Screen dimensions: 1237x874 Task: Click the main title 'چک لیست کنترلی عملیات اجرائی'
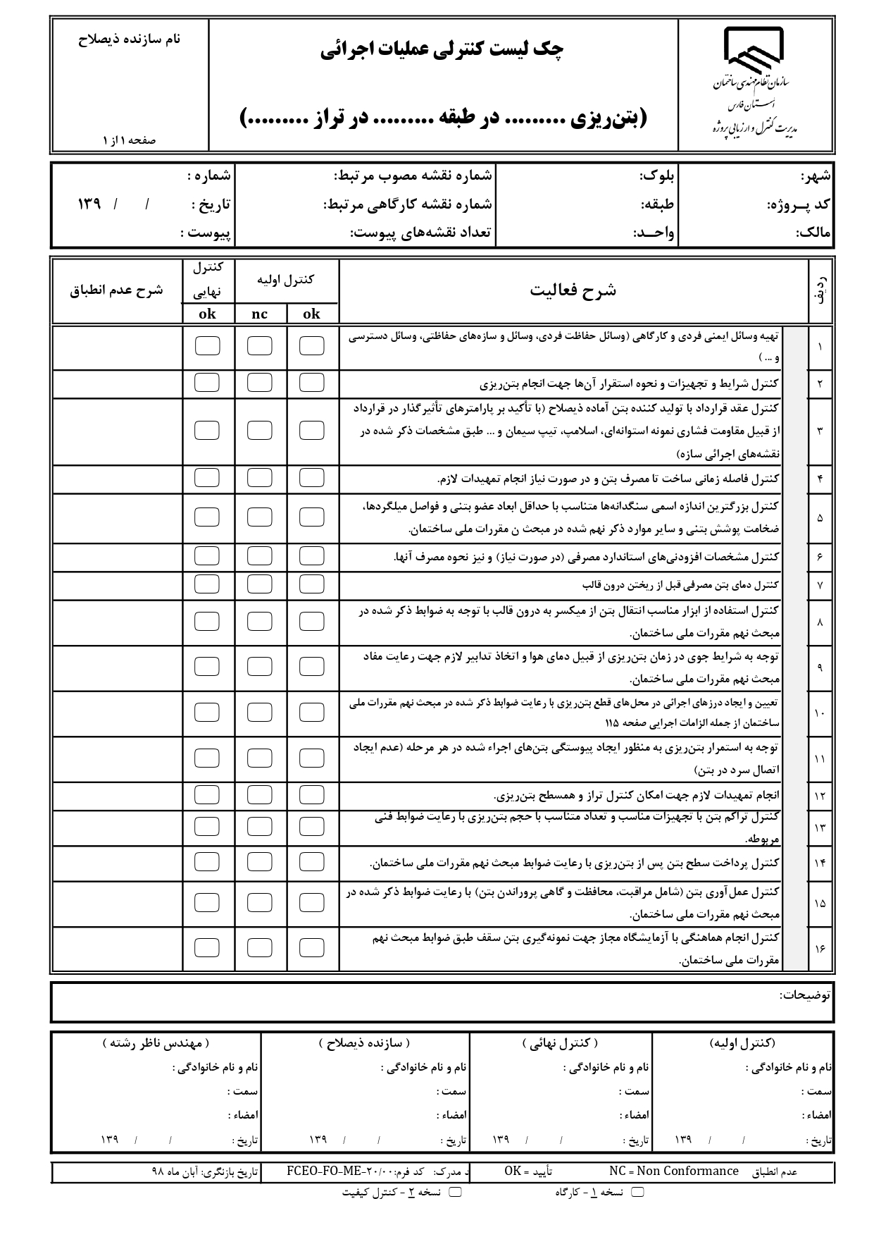tap(442, 49)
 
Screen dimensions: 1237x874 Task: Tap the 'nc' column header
tap(260, 314)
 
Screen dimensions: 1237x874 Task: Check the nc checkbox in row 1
tap(260, 346)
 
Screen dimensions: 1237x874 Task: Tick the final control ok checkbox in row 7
tap(207, 584)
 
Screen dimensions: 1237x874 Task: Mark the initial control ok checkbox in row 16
tap(312, 947)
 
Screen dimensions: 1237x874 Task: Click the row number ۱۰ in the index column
tap(820, 713)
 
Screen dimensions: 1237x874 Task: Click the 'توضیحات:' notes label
tap(805, 995)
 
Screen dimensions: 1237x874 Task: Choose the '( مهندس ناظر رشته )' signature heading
tap(156, 1042)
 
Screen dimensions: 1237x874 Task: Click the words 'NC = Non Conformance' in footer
tap(674, 1171)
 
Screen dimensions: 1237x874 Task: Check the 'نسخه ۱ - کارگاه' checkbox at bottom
tap(638, 1192)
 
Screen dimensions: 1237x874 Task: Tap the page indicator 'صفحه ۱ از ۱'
tap(129, 140)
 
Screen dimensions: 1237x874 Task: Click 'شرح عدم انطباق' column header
tap(116, 290)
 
